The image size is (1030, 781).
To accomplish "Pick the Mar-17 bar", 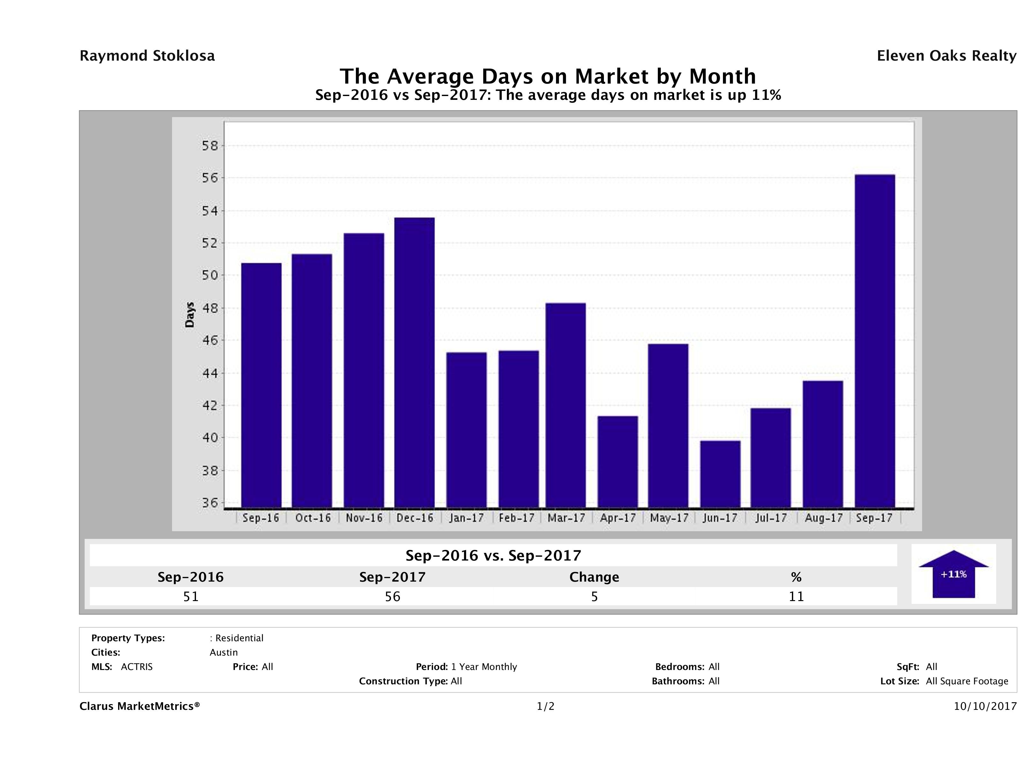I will [566, 405].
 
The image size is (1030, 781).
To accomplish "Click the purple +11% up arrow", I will [953, 575].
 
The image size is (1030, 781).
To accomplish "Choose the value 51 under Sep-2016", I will [191, 597].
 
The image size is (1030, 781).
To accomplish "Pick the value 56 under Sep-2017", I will [393, 597].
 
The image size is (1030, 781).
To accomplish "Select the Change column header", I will [594, 577].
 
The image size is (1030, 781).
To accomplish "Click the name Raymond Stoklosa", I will [147, 56].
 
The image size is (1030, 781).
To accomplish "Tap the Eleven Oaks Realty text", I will [946, 56].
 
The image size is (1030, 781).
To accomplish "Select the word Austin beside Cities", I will [223, 652].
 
